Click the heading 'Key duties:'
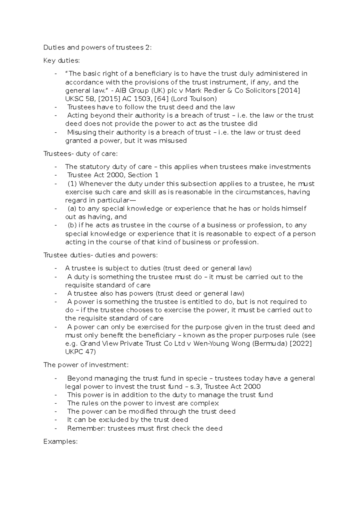[62, 61]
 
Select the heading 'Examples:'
[61, 441]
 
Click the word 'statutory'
[95, 167]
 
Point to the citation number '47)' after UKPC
[90, 352]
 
